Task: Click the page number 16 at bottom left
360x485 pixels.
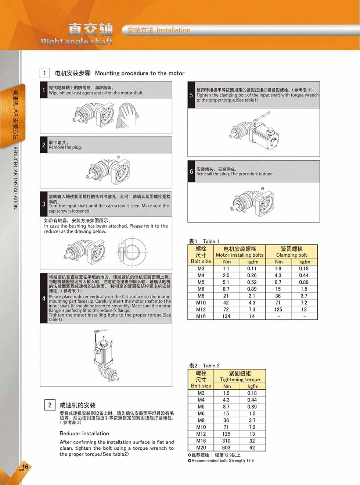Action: coord(25,466)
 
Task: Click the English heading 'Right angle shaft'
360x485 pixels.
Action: coord(76,42)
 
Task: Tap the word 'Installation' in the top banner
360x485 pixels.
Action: coord(173,30)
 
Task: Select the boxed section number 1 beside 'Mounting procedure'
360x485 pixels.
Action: coord(44,73)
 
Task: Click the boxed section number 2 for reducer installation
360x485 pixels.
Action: coord(50,405)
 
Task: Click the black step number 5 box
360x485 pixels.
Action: coord(191,95)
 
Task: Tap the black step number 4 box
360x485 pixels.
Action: coord(44,298)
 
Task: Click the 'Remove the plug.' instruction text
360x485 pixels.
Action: coord(65,147)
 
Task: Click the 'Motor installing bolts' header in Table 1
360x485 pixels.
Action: coord(240,255)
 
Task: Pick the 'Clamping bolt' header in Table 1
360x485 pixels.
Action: coord(292,255)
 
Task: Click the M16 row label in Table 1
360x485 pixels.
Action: coord(201,316)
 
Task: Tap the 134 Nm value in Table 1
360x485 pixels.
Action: coord(226,316)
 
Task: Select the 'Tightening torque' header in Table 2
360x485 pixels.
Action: coord(240,379)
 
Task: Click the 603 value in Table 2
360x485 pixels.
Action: coord(226,447)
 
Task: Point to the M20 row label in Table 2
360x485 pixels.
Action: coord(201,447)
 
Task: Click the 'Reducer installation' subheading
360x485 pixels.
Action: coord(84,433)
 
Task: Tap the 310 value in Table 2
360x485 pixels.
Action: coord(226,441)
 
